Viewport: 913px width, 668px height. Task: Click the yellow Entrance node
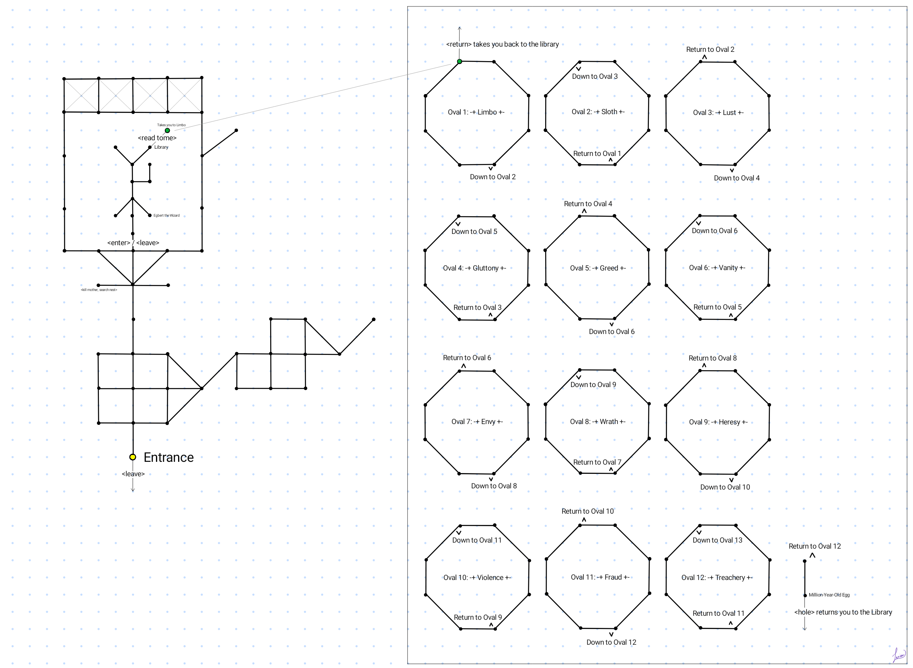[x=133, y=457]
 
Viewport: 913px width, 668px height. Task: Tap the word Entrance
[x=168, y=457]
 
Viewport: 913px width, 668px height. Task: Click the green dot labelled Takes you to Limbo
[x=167, y=131]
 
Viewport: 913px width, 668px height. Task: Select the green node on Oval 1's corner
[x=460, y=61]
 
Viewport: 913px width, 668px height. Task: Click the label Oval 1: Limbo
[x=476, y=113]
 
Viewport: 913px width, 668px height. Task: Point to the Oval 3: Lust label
[x=718, y=113]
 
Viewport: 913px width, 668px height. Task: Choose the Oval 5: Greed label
[x=598, y=268]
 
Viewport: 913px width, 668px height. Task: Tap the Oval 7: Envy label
[x=477, y=422]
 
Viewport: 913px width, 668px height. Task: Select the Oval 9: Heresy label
[x=718, y=422]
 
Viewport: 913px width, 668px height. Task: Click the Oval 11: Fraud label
[x=600, y=578]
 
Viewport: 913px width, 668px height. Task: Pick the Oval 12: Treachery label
[x=716, y=578]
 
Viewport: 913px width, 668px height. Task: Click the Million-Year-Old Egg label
[x=829, y=595]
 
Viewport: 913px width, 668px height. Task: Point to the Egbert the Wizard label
[x=166, y=215]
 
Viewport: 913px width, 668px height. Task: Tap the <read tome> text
[x=157, y=138]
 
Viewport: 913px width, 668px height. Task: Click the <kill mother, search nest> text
[x=99, y=290]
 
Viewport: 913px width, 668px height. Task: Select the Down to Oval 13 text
[x=717, y=540]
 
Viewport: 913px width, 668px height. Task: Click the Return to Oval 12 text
[x=815, y=546]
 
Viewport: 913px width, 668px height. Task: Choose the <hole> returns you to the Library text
[x=843, y=612]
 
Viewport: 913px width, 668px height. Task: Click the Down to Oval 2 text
[x=492, y=177]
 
